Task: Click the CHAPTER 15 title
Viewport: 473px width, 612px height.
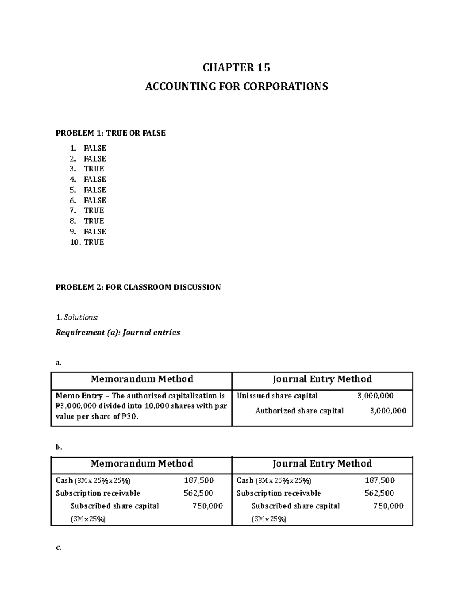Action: point(236,68)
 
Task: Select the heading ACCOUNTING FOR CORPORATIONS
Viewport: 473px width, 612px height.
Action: point(236,86)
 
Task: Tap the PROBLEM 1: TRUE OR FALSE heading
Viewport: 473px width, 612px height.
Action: point(110,133)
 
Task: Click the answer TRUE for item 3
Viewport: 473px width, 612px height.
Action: point(94,169)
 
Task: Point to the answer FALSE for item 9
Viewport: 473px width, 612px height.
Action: point(95,231)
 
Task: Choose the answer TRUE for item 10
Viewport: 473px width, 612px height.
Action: point(94,242)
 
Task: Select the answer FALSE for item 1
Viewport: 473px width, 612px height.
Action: point(95,148)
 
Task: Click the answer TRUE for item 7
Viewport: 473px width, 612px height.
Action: point(94,210)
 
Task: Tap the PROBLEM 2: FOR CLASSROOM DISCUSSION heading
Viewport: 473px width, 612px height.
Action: point(138,287)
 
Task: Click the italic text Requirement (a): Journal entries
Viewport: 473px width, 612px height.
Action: point(117,332)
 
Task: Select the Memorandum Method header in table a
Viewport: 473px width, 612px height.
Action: point(142,379)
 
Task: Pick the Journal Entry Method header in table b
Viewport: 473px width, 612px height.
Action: point(322,463)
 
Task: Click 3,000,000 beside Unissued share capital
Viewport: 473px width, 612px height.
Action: point(375,396)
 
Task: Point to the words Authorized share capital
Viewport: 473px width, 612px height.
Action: point(299,411)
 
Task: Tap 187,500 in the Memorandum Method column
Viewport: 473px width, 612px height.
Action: point(199,480)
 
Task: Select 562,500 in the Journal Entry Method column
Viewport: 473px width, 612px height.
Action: point(379,493)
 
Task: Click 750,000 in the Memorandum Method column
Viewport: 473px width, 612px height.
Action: point(207,506)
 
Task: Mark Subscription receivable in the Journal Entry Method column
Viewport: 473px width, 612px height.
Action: point(279,493)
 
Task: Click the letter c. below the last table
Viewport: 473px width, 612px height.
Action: point(58,547)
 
